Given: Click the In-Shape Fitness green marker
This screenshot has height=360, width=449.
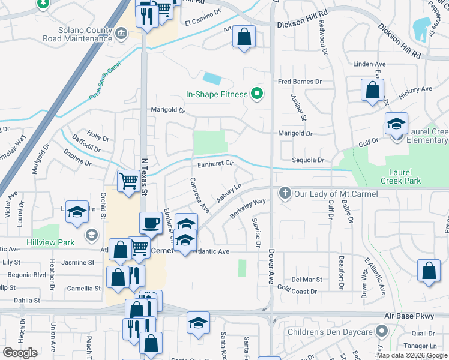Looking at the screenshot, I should coord(258,94).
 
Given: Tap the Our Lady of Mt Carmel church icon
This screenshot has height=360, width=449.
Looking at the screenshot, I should coord(285,193).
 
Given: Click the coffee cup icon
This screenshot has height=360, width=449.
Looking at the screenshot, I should coord(151,223).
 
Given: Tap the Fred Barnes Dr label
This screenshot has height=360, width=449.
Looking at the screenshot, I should coord(300,81).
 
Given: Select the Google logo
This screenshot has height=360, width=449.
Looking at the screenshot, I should coord(20,353).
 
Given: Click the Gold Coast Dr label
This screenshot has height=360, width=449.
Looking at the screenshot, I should coord(297,290).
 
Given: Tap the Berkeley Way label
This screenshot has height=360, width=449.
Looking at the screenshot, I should coord(247,209).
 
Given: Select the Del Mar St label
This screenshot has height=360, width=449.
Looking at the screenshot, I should coord(307,280).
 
